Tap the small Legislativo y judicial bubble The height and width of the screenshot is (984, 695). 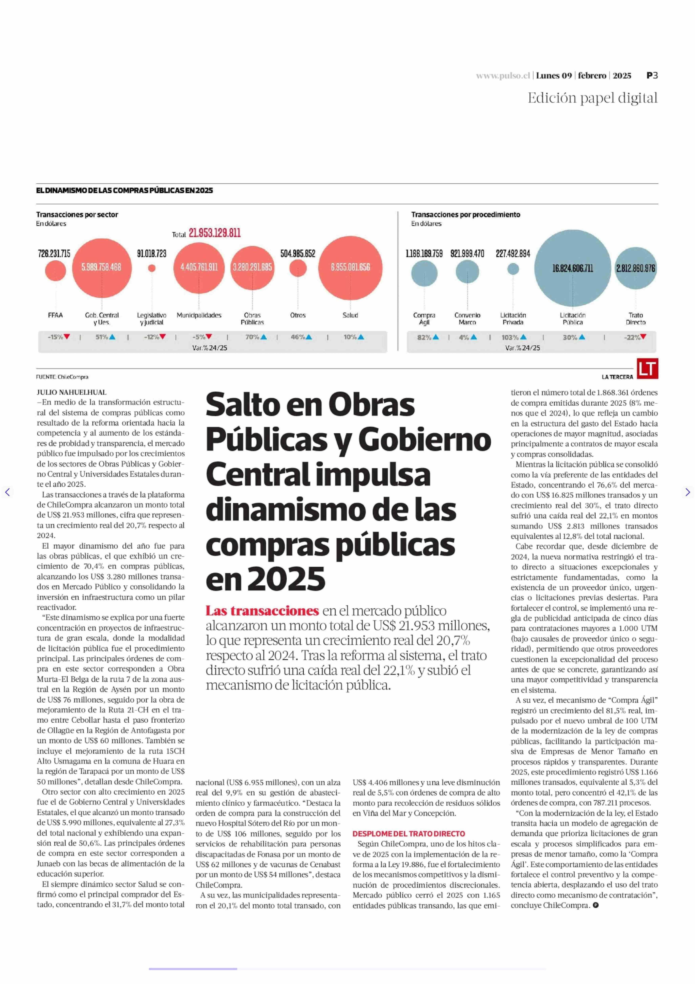[x=152, y=268]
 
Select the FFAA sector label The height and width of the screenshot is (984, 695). [x=55, y=315]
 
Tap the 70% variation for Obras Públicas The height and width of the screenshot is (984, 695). [x=256, y=337]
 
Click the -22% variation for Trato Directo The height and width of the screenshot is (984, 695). [x=635, y=337]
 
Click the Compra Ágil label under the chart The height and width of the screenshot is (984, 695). [x=424, y=318]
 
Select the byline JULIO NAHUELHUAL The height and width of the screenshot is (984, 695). [x=72, y=392]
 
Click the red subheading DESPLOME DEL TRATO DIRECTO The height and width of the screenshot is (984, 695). [x=409, y=833]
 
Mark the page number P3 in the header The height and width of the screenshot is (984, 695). [x=652, y=75]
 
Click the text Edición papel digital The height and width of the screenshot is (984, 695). [x=592, y=98]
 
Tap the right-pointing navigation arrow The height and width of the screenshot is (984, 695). [x=687, y=492]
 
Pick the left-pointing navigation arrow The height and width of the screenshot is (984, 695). [x=7, y=492]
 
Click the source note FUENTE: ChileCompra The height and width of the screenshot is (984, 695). [x=62, y=377]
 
